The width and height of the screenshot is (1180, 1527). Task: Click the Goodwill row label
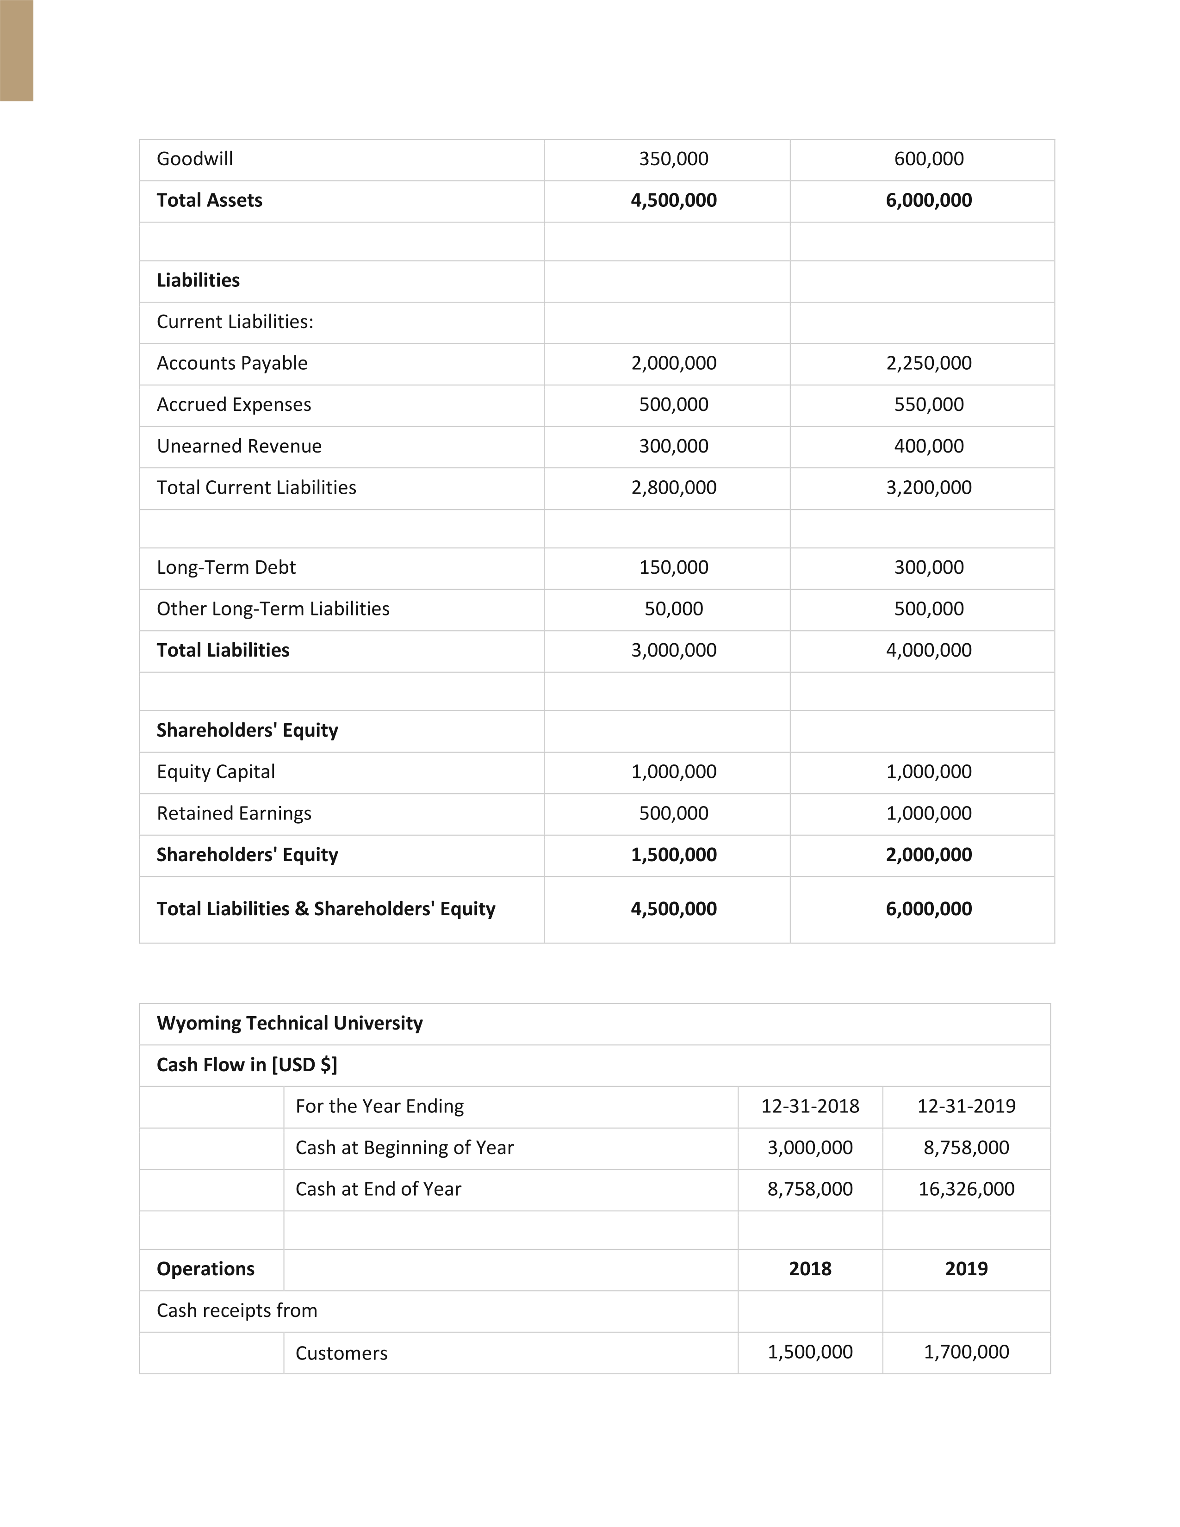click(x=194, y=159)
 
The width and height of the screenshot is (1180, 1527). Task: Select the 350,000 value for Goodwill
click(x=673, y=159)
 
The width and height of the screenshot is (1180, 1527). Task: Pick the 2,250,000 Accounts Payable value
click(x=928, y=363)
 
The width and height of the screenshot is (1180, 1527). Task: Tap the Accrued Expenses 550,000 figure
click(x=928, y=404)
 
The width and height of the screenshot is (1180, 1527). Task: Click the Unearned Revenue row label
click(x=239, y=446)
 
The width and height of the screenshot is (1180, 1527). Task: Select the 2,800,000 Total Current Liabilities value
click(x=673, y=487)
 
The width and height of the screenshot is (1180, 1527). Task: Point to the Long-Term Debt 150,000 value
click(x=673, y=567)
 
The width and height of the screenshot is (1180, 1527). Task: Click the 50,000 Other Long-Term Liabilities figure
click(x=673, y=608)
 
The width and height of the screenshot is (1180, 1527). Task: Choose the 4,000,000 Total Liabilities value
click(x=928, y=650)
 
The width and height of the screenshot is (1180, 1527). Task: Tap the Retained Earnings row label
click(x=234, y=813)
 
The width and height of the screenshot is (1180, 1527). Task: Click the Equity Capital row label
click(x=215, y=772)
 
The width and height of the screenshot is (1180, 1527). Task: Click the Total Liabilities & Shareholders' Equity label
click(x=326, y=909)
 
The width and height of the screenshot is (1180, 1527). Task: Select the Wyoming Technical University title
click(x=289, y=1024)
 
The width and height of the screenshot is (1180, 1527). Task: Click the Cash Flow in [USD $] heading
click(x=247, y=1065)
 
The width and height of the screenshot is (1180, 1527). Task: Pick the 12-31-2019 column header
click(x=966, y=1106)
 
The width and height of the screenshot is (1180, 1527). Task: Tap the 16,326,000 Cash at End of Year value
click(x=966, y=1189)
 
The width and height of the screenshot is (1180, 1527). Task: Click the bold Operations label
click(x=205, y=1269)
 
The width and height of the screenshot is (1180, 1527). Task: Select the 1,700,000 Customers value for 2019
click(x=966, y=1352)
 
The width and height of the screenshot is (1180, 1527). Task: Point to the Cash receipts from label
click(x=236, y=1310)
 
